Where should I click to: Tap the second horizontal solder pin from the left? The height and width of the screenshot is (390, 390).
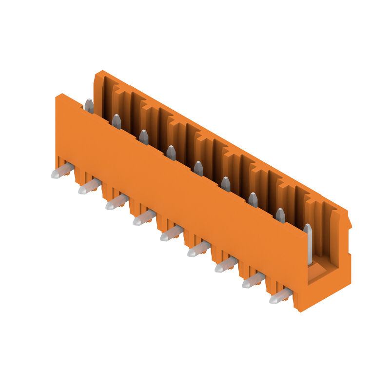click(x=90, y=186)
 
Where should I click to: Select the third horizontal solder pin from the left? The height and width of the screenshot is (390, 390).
click(x=117, y=201)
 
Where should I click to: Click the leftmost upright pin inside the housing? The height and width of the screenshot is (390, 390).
click(x=89, y=106)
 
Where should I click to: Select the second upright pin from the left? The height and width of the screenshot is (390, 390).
click(x=116, y=121)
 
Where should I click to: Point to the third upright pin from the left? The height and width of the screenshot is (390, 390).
click(x=143, y=137)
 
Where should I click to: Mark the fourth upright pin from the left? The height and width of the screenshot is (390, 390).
click(x=171, y=153)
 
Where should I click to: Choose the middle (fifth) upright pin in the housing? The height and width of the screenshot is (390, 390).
click(x=198, y=168)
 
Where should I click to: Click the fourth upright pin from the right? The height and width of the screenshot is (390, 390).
click(x=225, y=184)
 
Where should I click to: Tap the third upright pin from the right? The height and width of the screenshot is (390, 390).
click(x=253, y=199)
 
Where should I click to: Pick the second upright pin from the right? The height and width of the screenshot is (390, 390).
click(x=280, y=215)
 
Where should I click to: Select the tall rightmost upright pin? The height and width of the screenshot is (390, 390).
click(x=308, y=244)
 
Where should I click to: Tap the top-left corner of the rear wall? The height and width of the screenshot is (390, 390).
click(x=97, y=74)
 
